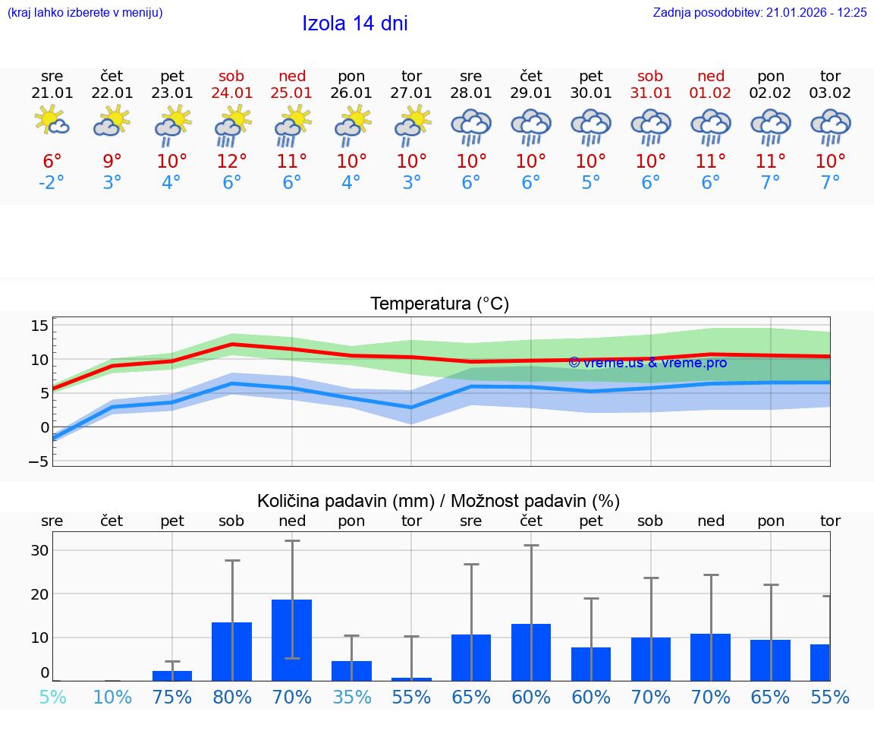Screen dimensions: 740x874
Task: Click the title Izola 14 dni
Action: pyautogui.click(x=355, y=24)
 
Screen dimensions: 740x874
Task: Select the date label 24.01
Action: pyautogui.click(x=232, y=93)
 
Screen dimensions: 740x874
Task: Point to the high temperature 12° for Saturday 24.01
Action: pyautogui.click(x=232, y=161)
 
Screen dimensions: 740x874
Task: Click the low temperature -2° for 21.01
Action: pyautogui.click(x=52, y=182)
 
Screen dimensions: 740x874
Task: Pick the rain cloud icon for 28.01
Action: pyautogui.click(x=471, y=126)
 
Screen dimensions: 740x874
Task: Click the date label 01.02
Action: pyautogui.click(x=711, y=93)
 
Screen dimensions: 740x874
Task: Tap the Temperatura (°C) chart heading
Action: pyautogui.click(x=439, y=304)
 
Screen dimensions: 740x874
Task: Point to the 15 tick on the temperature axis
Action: pyautogui.click(x=39, y=326)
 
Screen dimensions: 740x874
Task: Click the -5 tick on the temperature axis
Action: pyautogui.click(x=39, y=461)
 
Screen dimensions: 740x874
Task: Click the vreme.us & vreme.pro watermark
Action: pyautogui.click(x=648, y=363)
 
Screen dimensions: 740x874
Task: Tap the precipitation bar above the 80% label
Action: pyautogui.click(x=232, y=651)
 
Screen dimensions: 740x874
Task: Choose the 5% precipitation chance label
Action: pyautogui.click(x=52, y=697)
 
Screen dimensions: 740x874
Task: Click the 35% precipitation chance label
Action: pyautogui.click(x=351, y=697)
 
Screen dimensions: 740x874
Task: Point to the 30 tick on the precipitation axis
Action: pyautogui.click(x=39, y=550)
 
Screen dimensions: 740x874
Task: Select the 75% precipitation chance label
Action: pyautogui.click(x=172, y=697)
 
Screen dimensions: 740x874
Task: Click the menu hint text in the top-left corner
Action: pyautogui.click(x=85, y=12)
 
